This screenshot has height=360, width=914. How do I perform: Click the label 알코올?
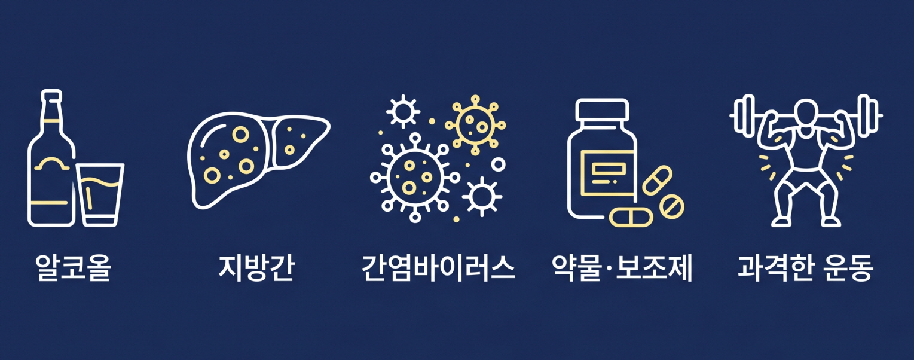pyautogui.click(x=73, y=268)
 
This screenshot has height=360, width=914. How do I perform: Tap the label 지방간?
pyautogui.click(x=256, y=268)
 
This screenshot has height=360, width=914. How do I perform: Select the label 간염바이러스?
pyautogui.click(x=438, y=268)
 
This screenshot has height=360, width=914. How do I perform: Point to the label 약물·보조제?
pyautogui.click(x=622, y=268)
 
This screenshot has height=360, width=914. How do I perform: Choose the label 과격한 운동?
pyautogui.click(x=805, y=268)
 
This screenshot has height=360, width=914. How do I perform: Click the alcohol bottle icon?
pyautogui.click(x=51, y=167)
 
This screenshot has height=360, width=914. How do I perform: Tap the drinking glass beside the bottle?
pyautogui.click(x=100, y=194)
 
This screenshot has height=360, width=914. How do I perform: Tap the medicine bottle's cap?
pyautogui.click(x=601, y=109)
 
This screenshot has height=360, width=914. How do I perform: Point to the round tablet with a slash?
pyautogui.click(x=671, y=206)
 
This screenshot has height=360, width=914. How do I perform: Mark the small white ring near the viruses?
pyautogui.click(x=498, y=163)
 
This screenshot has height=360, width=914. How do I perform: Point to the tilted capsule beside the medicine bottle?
pyautogui.click(x=657, y=180)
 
